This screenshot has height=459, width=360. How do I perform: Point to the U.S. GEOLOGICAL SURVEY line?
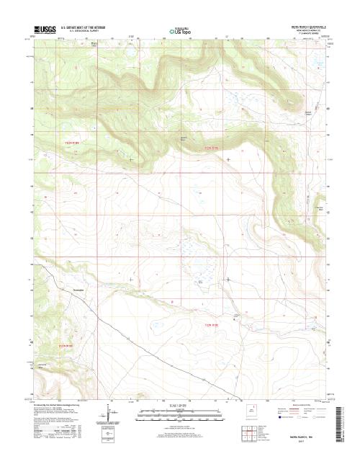click(x=80, y=31)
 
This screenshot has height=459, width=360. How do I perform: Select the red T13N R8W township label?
click(x=210, y=149)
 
